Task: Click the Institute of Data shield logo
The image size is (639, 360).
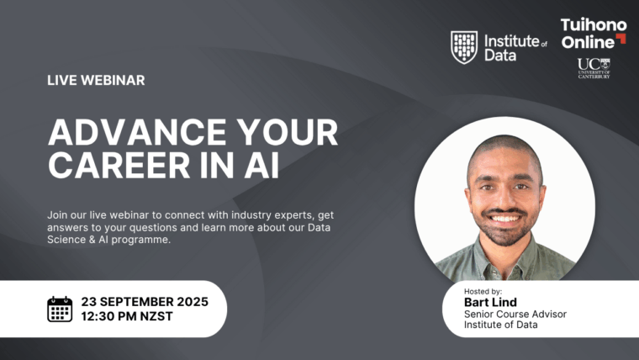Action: coord(464,47)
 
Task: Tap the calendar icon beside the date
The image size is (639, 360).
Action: coord(60,309)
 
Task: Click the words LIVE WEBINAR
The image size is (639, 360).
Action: coord(96,80)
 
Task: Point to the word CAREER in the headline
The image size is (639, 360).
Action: coord(119,166)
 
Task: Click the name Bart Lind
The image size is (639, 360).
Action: coord(490,302)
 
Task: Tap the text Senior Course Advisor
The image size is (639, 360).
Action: coord(515,314)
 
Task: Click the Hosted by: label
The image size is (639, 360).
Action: coord(483,292)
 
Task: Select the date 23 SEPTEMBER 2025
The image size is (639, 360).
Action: coord(145,302)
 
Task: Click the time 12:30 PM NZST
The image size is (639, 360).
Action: coord(127,316)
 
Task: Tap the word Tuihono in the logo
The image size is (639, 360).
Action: coord(594,25)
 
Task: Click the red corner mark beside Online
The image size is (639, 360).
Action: coord(621,39)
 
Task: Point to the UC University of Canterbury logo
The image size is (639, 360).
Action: coord(594,68)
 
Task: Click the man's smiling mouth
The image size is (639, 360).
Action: coord(504,219)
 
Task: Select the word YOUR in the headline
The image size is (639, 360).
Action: coord(288,132)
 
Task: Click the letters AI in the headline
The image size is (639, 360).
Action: coord(261,166)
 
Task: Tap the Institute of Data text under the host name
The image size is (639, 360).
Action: coord(501,325)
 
